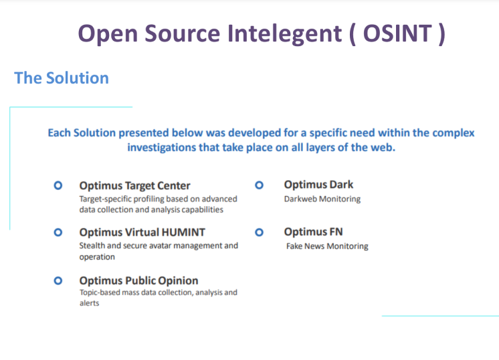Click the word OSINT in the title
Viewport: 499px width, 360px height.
397,33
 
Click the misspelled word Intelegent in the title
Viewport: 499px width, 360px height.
284,34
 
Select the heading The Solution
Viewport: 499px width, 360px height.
62,78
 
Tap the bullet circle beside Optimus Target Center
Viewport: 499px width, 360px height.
58,185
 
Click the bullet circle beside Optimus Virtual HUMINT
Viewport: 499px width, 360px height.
58,232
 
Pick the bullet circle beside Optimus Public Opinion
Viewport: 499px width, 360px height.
58,280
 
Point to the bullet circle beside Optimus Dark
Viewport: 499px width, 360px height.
259,185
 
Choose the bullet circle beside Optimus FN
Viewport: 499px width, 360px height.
259,232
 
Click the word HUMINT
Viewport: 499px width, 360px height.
183,232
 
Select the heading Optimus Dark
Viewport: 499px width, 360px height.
318,185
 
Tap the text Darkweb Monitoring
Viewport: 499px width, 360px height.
322,199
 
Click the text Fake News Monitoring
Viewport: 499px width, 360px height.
327,246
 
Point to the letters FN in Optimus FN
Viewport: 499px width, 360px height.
336,232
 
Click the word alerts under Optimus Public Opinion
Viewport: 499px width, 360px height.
90,303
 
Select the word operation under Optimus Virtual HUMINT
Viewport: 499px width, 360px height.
97,257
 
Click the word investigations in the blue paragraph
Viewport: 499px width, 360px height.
162,147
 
